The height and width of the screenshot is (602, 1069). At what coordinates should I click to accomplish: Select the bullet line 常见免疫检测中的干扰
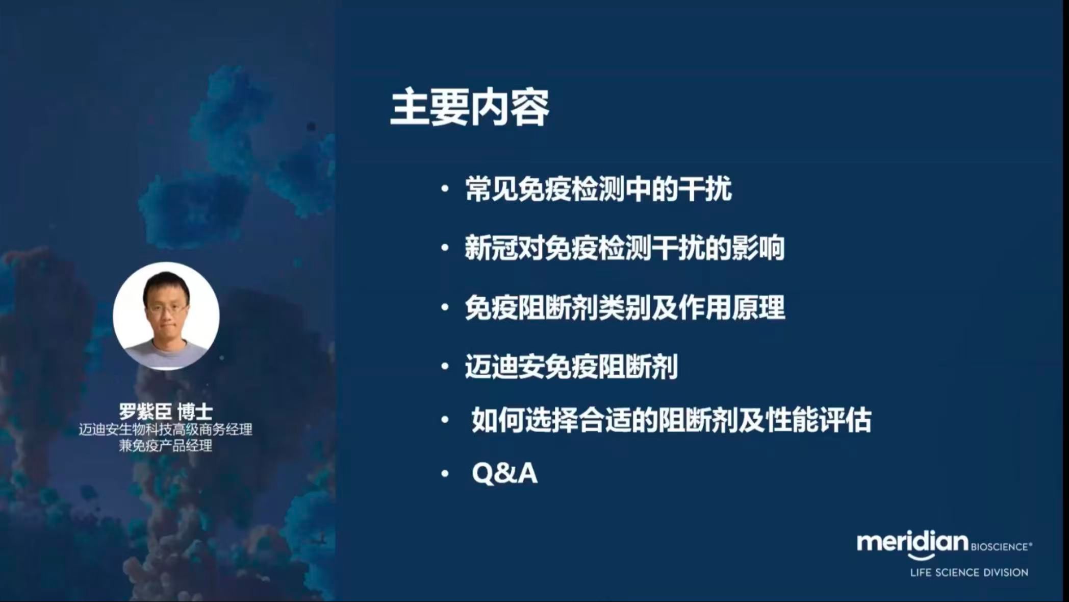click(599, 189)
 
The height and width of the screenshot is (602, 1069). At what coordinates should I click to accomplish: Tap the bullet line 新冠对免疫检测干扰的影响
click(625, 249)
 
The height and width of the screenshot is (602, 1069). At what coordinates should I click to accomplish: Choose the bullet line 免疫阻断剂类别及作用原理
click(625, 308)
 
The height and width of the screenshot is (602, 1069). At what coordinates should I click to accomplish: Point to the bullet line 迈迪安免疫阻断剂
click(571, 367)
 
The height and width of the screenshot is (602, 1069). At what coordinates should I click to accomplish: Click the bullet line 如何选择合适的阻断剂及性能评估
click(672, 420)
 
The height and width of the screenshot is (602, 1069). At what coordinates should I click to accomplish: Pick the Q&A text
click(504, 473)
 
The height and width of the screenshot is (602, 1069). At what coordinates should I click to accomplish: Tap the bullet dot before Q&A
click(445, 474)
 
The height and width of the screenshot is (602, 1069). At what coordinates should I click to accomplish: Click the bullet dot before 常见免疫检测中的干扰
click(445, 189)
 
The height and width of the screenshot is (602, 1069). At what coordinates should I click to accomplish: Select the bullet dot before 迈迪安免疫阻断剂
click(445, 367)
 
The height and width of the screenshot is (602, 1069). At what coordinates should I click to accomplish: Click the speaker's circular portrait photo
click(166, 316)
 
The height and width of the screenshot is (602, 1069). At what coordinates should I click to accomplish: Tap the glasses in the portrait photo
click(167, 308)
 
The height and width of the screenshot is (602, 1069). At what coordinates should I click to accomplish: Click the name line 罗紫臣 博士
click(166, 412)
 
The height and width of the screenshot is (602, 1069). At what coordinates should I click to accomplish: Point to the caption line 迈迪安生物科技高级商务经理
click(166, 429)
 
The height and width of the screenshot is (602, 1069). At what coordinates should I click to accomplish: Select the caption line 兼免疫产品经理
click(166, 446)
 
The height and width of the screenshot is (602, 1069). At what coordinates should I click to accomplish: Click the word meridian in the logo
click(912, 542)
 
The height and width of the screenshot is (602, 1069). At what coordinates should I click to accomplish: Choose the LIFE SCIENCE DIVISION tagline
click(969, 573)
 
